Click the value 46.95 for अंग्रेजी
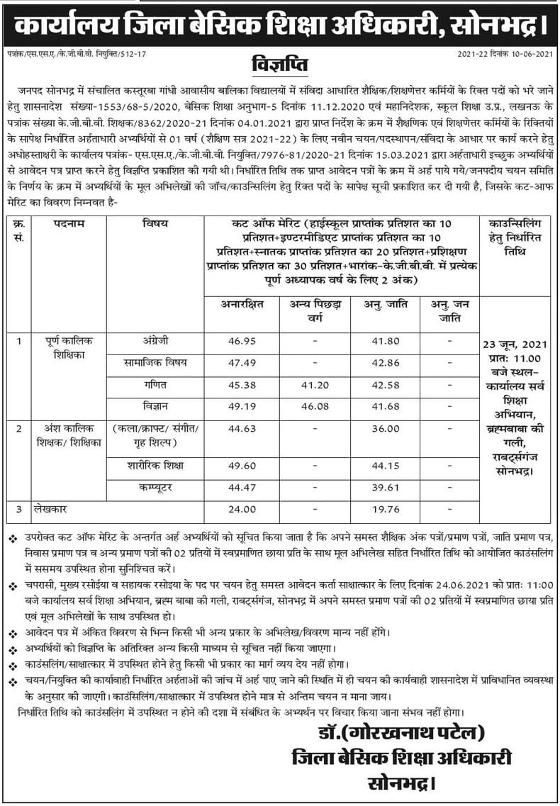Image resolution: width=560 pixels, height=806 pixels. pyautogui.click(x=242, y=342)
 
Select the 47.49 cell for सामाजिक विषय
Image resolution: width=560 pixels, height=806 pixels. pyautogui.click(x=242, y=364)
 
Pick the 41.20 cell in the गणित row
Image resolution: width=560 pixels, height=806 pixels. pyautogui.click(x=315, y=386)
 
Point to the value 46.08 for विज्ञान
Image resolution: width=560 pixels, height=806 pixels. pyautogui.click(x=315, y=408)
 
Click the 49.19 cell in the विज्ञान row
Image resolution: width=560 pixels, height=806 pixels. pyautogui.click(x=242, y=408)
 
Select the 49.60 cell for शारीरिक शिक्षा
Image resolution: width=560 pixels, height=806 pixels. pyautogui.click(x=242, y=466)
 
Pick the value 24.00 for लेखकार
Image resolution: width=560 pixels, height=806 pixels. pyautogui.click(x=242, y=509)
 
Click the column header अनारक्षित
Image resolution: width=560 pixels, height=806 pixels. pyautogui.click(x=242, y=305)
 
